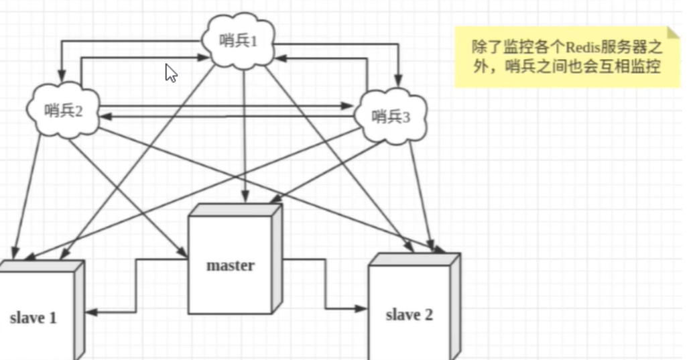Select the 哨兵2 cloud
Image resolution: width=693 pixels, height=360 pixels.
point(63,111)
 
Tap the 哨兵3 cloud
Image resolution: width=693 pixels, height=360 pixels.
point(390,117)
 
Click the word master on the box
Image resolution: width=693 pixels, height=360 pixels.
point(231,265)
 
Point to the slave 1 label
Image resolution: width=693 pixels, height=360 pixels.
point(34,318)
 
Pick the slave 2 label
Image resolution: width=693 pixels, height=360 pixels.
point(409,314)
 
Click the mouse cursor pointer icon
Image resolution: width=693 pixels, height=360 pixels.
point(171,73)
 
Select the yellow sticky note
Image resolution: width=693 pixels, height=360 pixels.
point(567,58)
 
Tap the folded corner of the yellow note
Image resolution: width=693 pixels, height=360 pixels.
point(673,34)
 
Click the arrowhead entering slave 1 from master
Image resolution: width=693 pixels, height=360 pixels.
point(90,313)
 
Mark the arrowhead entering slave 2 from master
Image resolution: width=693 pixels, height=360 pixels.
point(362,308)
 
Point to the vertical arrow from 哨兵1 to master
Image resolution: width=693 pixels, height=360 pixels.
point(244,134)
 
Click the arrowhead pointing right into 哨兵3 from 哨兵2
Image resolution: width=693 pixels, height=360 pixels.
point(347,105)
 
